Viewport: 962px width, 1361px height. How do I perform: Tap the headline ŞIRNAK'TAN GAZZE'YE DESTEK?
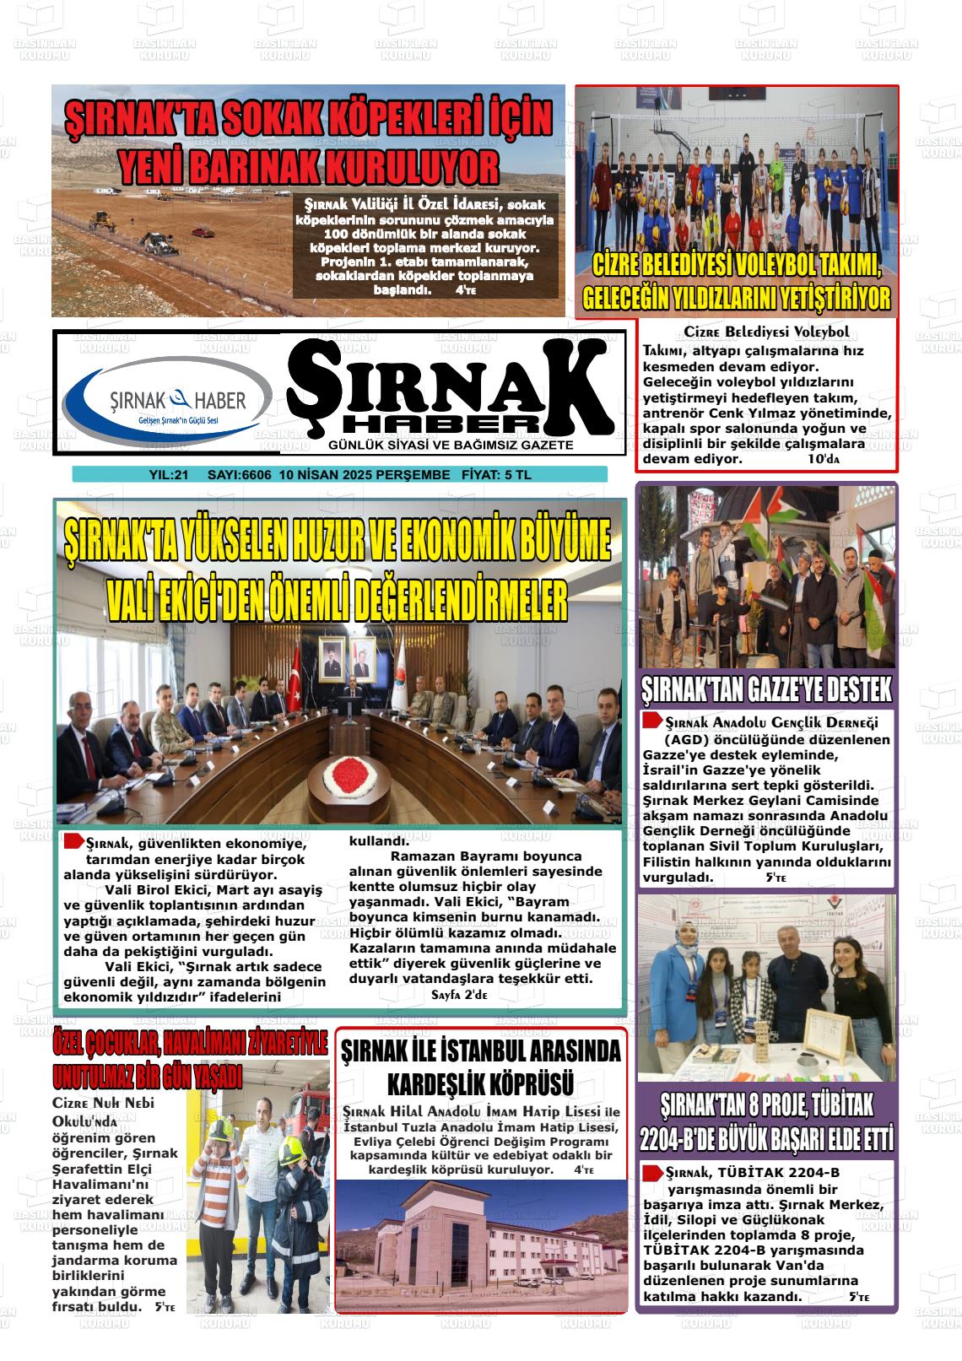click(x=766, y=690)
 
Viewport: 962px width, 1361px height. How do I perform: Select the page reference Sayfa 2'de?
click(x=459, y=995)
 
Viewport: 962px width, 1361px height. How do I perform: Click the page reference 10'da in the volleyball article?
click(x=824, y=459)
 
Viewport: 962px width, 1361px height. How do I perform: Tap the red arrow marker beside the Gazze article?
click(x=651, y=721)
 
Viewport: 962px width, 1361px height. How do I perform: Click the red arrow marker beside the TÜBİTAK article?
click(x=651, y=1173)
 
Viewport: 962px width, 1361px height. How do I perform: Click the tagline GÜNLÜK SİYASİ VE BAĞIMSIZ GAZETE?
click(x=451, y=445)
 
